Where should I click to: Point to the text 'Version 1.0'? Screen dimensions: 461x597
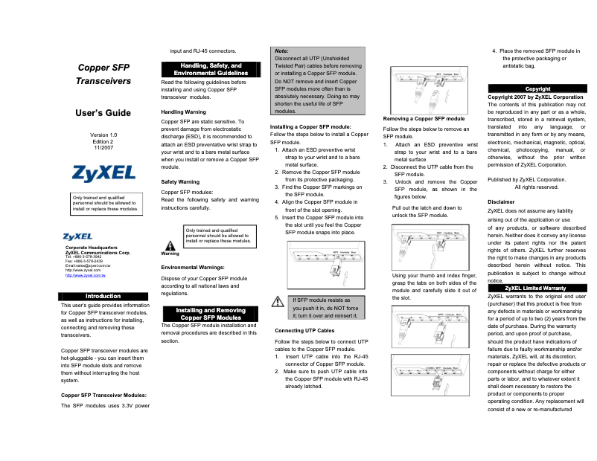(103, 135)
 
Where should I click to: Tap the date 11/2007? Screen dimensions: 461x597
(103, 148)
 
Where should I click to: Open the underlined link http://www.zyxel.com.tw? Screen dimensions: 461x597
(86, 275)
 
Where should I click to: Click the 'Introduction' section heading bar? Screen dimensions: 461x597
(103, 296)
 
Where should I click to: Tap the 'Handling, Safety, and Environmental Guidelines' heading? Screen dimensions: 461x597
(211, 70)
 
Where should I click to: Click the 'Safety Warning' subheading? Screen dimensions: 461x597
(180, 181)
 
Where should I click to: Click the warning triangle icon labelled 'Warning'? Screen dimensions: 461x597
(170, 245)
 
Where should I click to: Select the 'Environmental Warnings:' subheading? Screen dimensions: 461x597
(194, 266)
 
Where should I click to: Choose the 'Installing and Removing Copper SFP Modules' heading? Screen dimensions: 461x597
(211, 314)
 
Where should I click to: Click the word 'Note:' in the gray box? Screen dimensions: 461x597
(281, 51)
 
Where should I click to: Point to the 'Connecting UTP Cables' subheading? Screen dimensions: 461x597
(304, 329)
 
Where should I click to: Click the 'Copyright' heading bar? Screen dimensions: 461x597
(537, 88)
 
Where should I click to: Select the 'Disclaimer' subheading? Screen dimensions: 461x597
(501, 202)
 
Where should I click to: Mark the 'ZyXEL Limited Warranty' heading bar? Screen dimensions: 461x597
(535, 288)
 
